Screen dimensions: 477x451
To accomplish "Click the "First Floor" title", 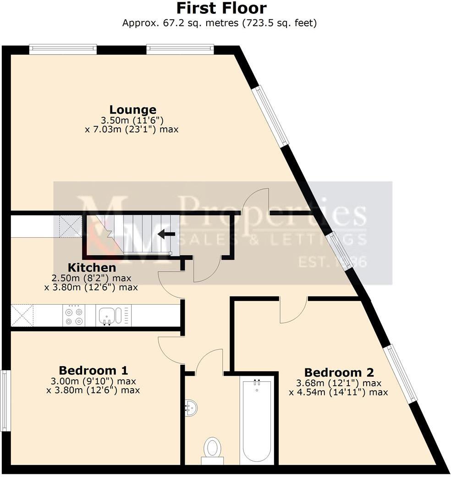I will [x=221, y=8].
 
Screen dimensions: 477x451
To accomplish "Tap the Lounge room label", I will [x=132, y=110].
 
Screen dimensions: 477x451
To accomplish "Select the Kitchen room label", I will [x=92, y=268].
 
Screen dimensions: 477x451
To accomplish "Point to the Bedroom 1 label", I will [x=93, y=370].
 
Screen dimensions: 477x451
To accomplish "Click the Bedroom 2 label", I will [x=339, y=372].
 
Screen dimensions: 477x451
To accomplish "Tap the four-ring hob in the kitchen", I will [x=74, y=316].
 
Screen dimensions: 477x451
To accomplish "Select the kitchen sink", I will [x=107, y=316].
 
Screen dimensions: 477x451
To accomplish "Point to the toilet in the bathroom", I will [x=212, y=448].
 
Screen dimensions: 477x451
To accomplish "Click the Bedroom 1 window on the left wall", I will [x=5, y=400].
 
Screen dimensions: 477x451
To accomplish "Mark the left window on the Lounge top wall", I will [x=63, y=49].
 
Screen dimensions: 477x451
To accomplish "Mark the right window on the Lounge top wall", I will [x=180, y=49].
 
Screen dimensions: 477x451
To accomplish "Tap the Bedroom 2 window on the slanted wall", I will [x=400, y=374].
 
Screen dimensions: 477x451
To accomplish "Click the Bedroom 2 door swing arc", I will [x=294, y=312].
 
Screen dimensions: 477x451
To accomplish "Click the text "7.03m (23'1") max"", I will [x=132, y=130].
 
